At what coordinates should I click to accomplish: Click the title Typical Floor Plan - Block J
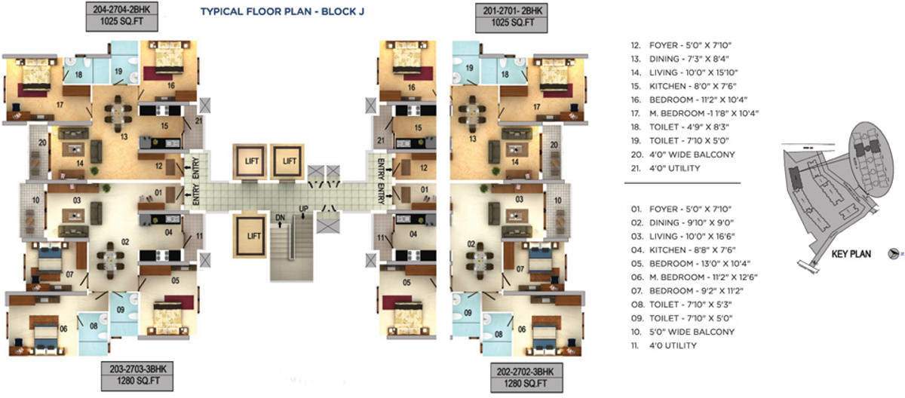tap(283, 12)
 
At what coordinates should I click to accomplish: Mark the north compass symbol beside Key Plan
tap(894, 255)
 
